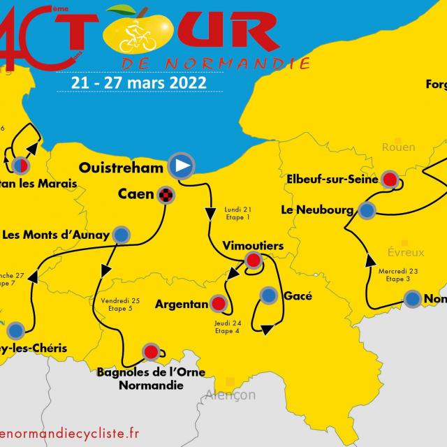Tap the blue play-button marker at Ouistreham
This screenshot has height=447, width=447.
181,166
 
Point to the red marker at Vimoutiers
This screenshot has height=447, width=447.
254,262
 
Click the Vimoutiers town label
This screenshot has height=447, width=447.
253,246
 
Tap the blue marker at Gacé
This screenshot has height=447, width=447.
269,295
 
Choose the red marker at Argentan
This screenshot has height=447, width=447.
219,304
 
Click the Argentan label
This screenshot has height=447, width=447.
182,304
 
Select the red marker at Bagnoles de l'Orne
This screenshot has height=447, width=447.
151,351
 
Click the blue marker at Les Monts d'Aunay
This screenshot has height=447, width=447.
122,235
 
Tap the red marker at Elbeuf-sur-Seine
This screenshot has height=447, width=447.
390,179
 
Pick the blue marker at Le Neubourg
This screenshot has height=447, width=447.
367,209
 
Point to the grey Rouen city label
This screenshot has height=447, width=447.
398,147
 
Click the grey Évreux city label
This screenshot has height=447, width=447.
405,253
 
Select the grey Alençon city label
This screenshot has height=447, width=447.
230,395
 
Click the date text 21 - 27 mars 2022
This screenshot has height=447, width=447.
138,82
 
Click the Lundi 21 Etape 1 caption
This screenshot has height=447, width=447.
237,213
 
